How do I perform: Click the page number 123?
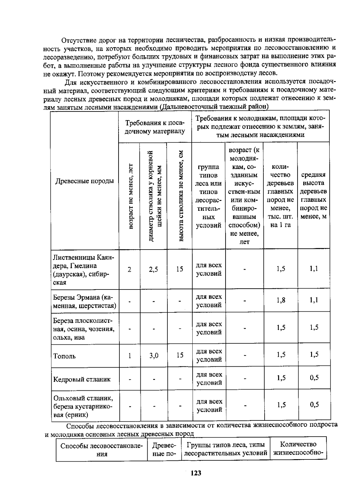[x=196, y=473]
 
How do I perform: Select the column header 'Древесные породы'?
[x=85, y=181]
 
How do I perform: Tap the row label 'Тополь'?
[x=64, y=356]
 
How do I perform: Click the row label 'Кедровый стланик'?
[x=82, y=379]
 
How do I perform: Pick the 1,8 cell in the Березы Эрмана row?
[x=281, y=300]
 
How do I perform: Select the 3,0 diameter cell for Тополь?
[x=154, y=356]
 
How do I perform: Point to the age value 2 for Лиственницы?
[x=129, y=269]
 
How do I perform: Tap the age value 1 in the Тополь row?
[x=130, y=356]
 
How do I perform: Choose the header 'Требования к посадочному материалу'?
[x=155, y=127]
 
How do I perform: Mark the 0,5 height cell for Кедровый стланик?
[x=314, y=378]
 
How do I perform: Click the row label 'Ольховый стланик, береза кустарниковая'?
[x=83, y=406]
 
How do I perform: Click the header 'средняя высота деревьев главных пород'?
[x=313, y=195]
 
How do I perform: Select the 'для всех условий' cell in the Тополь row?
[x=209, y=355]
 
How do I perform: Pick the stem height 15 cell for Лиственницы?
[x=179, y=269]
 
